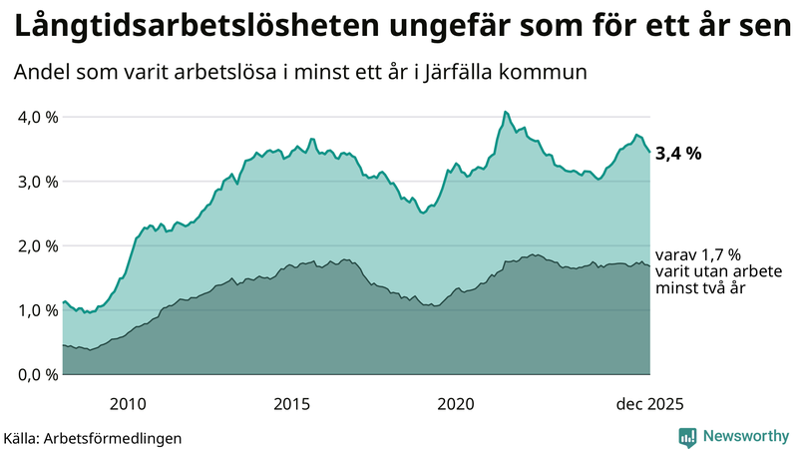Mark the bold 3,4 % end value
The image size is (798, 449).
pos(679,154)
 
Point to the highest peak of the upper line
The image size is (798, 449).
pos(505,112)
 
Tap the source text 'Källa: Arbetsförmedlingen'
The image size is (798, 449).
pos(93,437)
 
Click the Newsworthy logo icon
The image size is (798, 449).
pos(688,436)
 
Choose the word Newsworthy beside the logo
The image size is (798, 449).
pos(743,436)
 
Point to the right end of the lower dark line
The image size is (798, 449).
pos(650,265)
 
